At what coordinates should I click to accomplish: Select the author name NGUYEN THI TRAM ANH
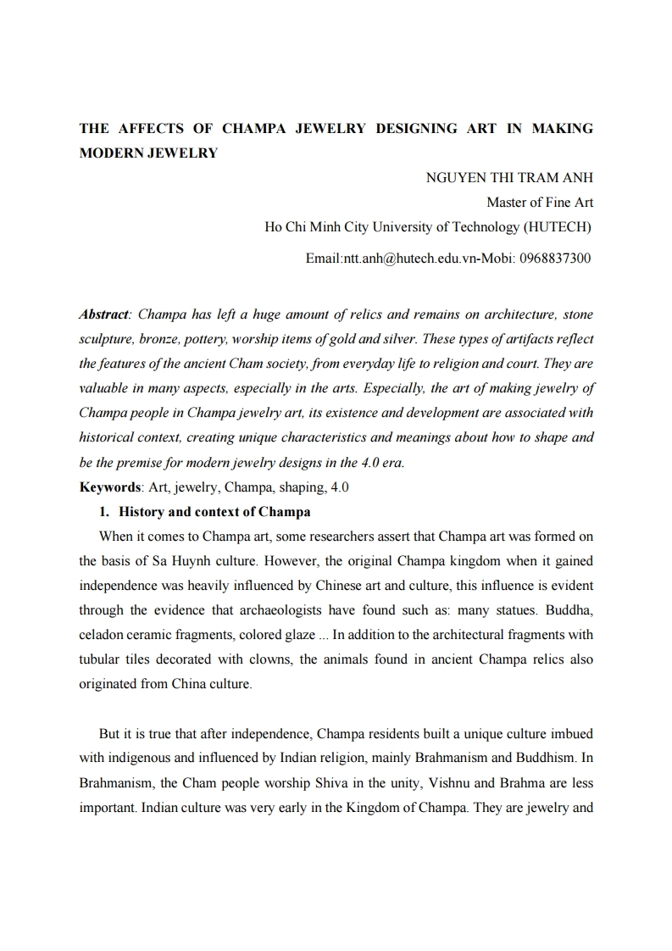(x=508, y=178)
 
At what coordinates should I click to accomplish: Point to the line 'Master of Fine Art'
(x=539, y=203)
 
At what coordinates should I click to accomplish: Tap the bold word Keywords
(x=110, y=487)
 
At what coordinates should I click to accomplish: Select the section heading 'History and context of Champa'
(x=214, y=512)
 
